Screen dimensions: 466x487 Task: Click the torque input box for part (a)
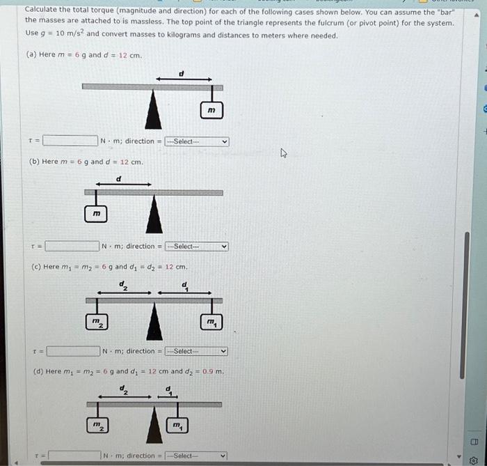click(70, 141)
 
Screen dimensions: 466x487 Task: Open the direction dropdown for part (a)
click(197, 141)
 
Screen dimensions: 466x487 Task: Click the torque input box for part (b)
click(72, 246)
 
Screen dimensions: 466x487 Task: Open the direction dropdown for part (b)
click(197, 246)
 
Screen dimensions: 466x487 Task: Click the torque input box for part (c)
click(73, 351)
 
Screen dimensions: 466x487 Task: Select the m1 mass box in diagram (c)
click(211, 320)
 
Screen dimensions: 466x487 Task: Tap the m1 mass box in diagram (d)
click(177, 424)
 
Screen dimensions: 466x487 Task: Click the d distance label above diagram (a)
click(182, 72)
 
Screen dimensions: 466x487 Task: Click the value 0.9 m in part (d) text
click(213, 371)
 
